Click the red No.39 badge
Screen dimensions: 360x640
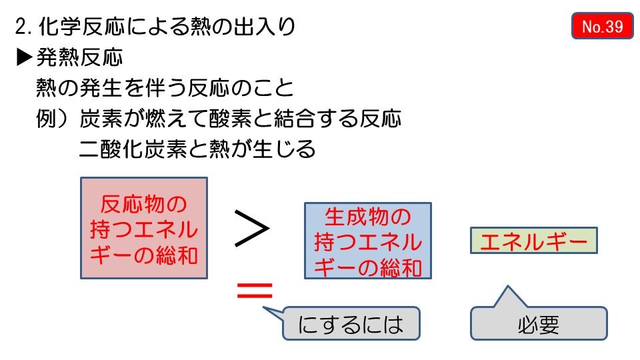pos(602,26)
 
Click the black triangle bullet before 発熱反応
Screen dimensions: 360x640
pos(24,58)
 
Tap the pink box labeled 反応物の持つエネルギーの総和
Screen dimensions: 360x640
pos(144,228)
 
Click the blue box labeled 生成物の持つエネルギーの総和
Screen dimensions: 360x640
pos(368,240)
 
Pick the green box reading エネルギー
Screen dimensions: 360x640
pos(533,241)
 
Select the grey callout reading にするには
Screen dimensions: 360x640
pos(351,323)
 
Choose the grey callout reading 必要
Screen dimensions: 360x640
pos(539,324)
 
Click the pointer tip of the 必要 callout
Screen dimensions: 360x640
pos(509,287)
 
